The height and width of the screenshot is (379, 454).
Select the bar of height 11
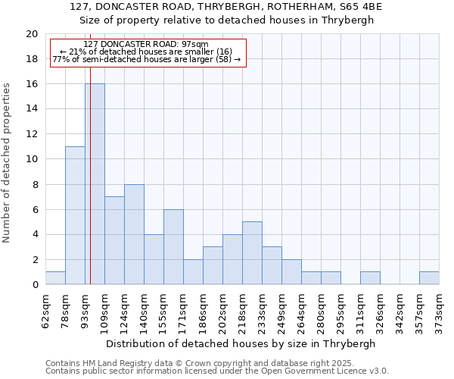click(75, 215)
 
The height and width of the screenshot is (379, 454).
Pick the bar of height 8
click(134, 234)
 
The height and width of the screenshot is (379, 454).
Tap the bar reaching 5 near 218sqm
click(252, 253)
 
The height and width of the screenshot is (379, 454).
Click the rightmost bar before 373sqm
click(429, 278)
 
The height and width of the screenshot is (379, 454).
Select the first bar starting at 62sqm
click(55, 278)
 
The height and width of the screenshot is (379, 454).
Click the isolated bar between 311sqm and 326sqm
click(370, 278)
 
